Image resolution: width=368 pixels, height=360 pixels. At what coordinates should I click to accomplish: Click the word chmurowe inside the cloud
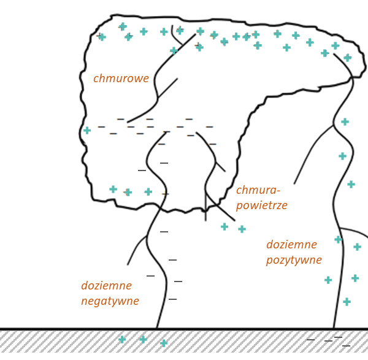[x=121, y=79]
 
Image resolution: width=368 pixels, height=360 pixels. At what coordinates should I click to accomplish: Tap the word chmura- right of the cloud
[x=258, y=190]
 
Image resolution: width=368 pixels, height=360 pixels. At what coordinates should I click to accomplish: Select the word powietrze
[x=262, y=205]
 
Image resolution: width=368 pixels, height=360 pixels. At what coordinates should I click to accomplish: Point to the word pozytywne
[x=294, y=260]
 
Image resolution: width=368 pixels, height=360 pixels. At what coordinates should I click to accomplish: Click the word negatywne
[x=110, y=301]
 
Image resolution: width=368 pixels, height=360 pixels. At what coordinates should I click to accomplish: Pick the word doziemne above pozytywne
[x=291, y=245]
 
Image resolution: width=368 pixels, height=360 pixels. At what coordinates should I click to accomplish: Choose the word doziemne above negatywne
[x=106, y=286]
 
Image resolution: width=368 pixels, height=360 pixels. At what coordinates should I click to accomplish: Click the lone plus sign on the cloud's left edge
[x=87, y=130]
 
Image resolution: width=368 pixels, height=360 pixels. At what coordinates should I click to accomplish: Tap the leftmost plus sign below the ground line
[x=122, y=339]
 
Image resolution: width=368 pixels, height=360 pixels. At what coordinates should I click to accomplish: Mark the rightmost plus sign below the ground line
[x=164, y=343]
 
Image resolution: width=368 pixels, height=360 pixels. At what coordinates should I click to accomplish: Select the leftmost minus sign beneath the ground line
[x=310, y=339]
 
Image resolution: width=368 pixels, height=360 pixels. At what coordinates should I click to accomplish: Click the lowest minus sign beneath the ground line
[x=346, y=346]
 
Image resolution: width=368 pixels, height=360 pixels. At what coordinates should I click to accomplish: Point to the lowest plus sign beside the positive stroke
[x=347, y=302]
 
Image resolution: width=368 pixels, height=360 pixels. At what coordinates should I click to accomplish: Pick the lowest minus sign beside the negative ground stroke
[x=172, y=299]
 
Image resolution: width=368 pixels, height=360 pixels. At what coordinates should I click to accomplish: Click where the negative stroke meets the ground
[x=157, y=329]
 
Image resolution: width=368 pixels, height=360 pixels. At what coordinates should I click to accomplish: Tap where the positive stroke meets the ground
[x=334, y=329]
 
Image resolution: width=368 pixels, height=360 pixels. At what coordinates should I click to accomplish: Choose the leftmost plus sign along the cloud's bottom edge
[x=113, y=189]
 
